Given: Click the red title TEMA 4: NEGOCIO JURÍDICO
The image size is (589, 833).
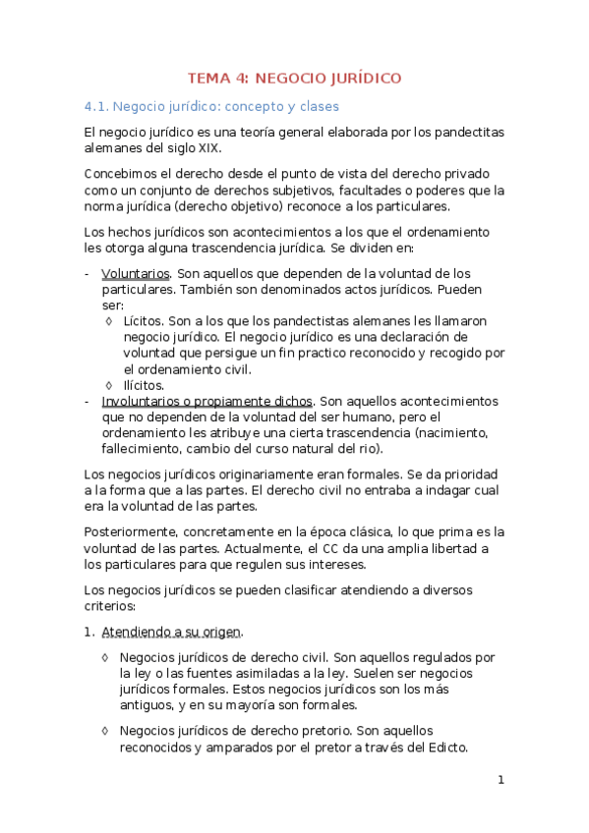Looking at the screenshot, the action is (295, 79).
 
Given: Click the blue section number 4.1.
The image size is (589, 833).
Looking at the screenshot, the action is (98, 106).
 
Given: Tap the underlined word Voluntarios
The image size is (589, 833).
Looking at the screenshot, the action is (137, 273).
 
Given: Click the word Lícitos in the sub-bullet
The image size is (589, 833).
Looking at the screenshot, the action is (144, 321).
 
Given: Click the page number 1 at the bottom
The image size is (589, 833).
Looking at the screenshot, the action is (501, 780).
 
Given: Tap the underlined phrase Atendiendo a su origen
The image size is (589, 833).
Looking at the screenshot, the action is (171, 631).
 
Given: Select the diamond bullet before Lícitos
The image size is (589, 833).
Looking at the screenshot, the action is (108, 321).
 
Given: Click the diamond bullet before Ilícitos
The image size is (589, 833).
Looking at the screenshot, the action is (108, 385).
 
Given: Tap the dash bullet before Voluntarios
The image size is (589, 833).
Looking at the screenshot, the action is (88, 273).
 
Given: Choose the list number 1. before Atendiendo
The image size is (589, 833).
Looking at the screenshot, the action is (89, 631).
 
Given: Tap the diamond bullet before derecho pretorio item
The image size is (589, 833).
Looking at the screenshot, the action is (106, 730).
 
